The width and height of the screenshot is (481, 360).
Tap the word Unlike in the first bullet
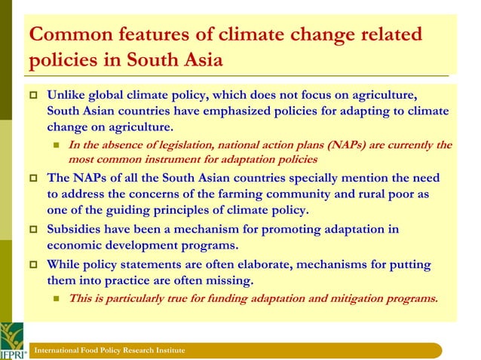[67, 96]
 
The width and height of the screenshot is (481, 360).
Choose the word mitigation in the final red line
[336, 297]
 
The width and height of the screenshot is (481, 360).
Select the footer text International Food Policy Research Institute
[103, 352]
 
